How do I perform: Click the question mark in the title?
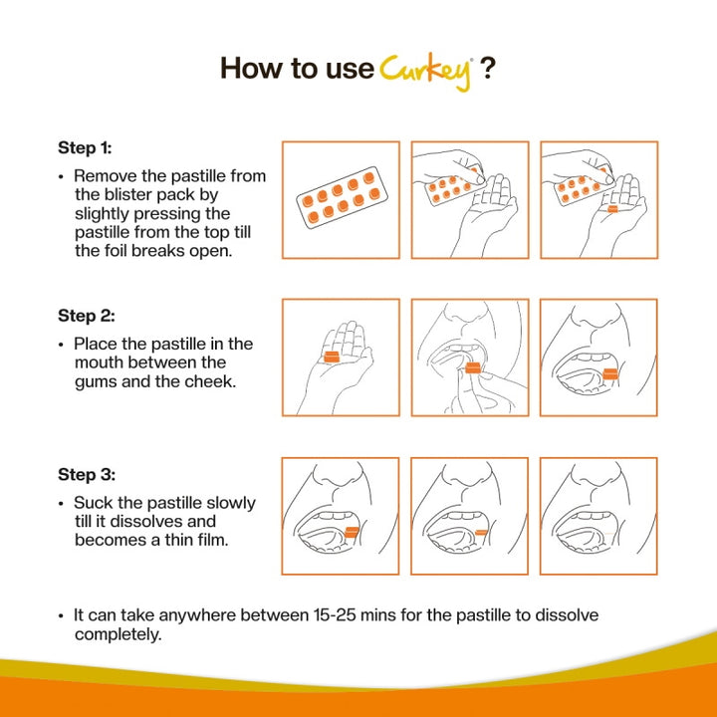488,69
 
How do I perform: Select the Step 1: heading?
85,147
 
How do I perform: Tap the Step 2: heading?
87,316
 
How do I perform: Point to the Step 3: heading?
87,474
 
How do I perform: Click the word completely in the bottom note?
118,634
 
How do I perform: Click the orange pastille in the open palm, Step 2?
332,358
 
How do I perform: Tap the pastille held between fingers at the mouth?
473,367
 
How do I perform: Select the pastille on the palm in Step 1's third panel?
612,209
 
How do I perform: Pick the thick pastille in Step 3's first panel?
353,532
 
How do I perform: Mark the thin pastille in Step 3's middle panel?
482,532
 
